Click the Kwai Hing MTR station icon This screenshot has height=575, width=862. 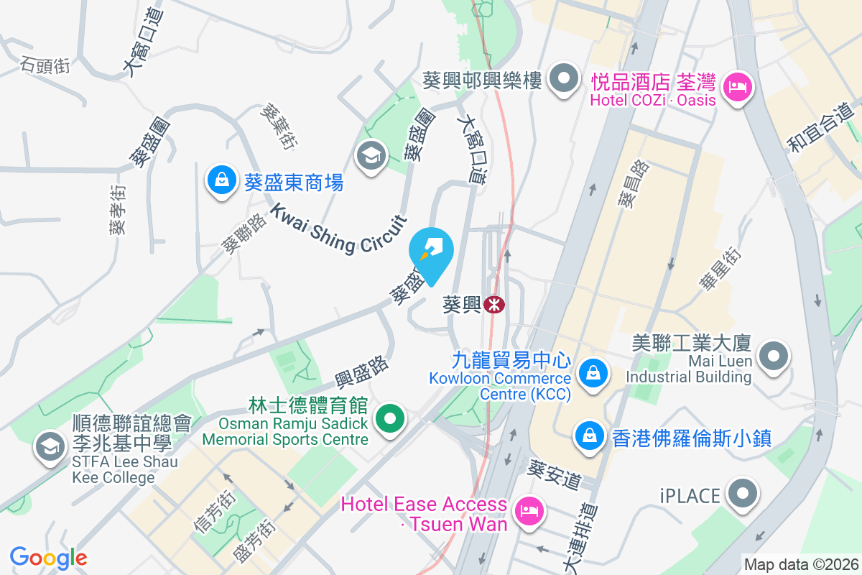pos(494,305)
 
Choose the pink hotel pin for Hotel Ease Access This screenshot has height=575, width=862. pos(529,512)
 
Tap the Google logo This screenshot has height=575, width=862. pos(49,558)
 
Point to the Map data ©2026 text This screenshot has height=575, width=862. pos(801,565)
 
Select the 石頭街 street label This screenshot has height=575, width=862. pos(45,65)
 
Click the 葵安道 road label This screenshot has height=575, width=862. pos(555,474)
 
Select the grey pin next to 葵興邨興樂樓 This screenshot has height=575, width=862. pos(564,79)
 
